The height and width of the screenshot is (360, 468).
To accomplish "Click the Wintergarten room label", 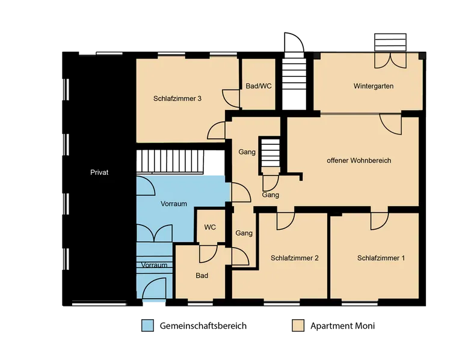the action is tap(374, 86).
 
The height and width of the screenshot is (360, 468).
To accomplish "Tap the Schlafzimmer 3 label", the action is tap(177, 99).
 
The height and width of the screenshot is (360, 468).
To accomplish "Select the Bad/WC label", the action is tap(259, 86).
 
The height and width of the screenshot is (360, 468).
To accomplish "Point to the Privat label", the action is tap(99, 172).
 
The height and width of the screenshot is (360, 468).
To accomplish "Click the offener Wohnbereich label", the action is tap(359, 160).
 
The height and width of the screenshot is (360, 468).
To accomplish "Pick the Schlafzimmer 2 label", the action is tap(295, 258).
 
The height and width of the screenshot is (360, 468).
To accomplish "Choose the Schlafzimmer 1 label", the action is tap(381, 258).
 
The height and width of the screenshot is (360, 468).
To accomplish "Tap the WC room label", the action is tap(210, 227).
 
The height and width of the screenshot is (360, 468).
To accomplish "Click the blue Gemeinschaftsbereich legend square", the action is tap(147, 325).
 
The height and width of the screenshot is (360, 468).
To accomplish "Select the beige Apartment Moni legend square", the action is tap(298, 325).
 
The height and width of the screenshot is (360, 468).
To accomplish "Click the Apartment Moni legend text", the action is tap(343, 326).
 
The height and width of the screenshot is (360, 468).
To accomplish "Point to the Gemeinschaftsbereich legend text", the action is tap(203, 326).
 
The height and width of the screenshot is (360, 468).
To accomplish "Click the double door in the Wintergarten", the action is tap(390, 61).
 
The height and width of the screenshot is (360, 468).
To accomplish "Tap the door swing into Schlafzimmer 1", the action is tap(380, 221).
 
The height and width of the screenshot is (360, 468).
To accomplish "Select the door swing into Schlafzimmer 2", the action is tap(286, 221).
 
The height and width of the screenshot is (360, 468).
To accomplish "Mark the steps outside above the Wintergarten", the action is tap(390, 42).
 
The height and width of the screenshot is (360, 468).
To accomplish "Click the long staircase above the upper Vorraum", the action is tap(170, 161).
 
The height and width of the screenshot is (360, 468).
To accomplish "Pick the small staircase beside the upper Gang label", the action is tap(271, 156).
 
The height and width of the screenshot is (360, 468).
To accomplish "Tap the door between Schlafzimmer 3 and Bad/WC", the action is tap(231, 99).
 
